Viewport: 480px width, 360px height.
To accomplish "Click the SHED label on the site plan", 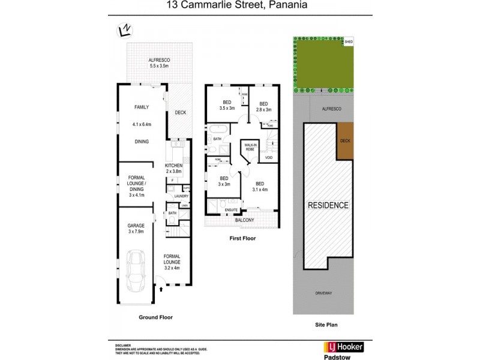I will point(349,42).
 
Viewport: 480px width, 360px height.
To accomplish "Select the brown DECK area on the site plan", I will point(344,141).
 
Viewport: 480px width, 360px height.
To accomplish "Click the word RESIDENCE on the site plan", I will point(328,205).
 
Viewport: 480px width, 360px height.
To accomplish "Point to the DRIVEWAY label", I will point(323,293).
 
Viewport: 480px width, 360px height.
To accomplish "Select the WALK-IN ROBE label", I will point(250,146).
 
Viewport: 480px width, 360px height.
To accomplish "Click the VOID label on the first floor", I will point(268,158).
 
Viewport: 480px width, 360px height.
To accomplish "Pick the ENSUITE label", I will point(231,209).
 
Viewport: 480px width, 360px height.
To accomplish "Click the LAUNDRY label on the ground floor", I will point(181,196).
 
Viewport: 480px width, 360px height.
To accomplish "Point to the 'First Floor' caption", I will point(242,238).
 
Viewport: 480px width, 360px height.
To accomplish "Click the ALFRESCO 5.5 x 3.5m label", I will point(160,63).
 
